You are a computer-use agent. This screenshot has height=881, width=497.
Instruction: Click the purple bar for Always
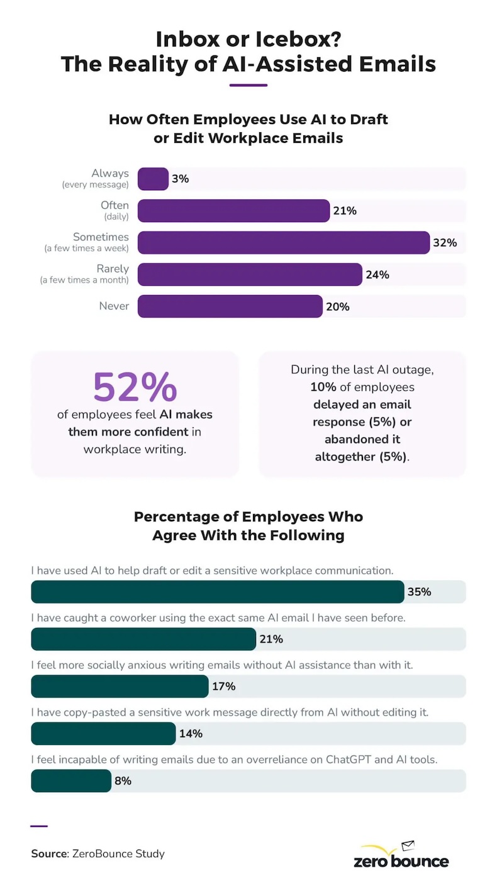(x=153, y=179)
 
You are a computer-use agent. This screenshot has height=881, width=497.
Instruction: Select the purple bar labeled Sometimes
(x=283, y=242)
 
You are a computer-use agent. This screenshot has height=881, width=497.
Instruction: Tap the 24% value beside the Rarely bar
(x=377, y=275)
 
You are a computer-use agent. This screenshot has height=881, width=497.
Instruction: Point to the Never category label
(x=114, y=306)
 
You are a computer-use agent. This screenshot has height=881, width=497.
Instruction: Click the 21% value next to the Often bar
(x=345, y=211)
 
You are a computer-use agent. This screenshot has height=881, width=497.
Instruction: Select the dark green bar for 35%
(x=217, y=592)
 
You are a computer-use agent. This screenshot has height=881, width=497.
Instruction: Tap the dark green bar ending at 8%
(x=71, y=781)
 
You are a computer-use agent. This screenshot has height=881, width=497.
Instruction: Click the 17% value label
(x=223, y=687)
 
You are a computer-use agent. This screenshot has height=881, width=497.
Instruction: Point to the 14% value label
(x=191, y=734)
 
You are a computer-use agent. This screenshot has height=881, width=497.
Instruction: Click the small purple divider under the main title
(x=248, y=84)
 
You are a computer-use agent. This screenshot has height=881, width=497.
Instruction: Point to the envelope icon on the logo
(x=408, y=845)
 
